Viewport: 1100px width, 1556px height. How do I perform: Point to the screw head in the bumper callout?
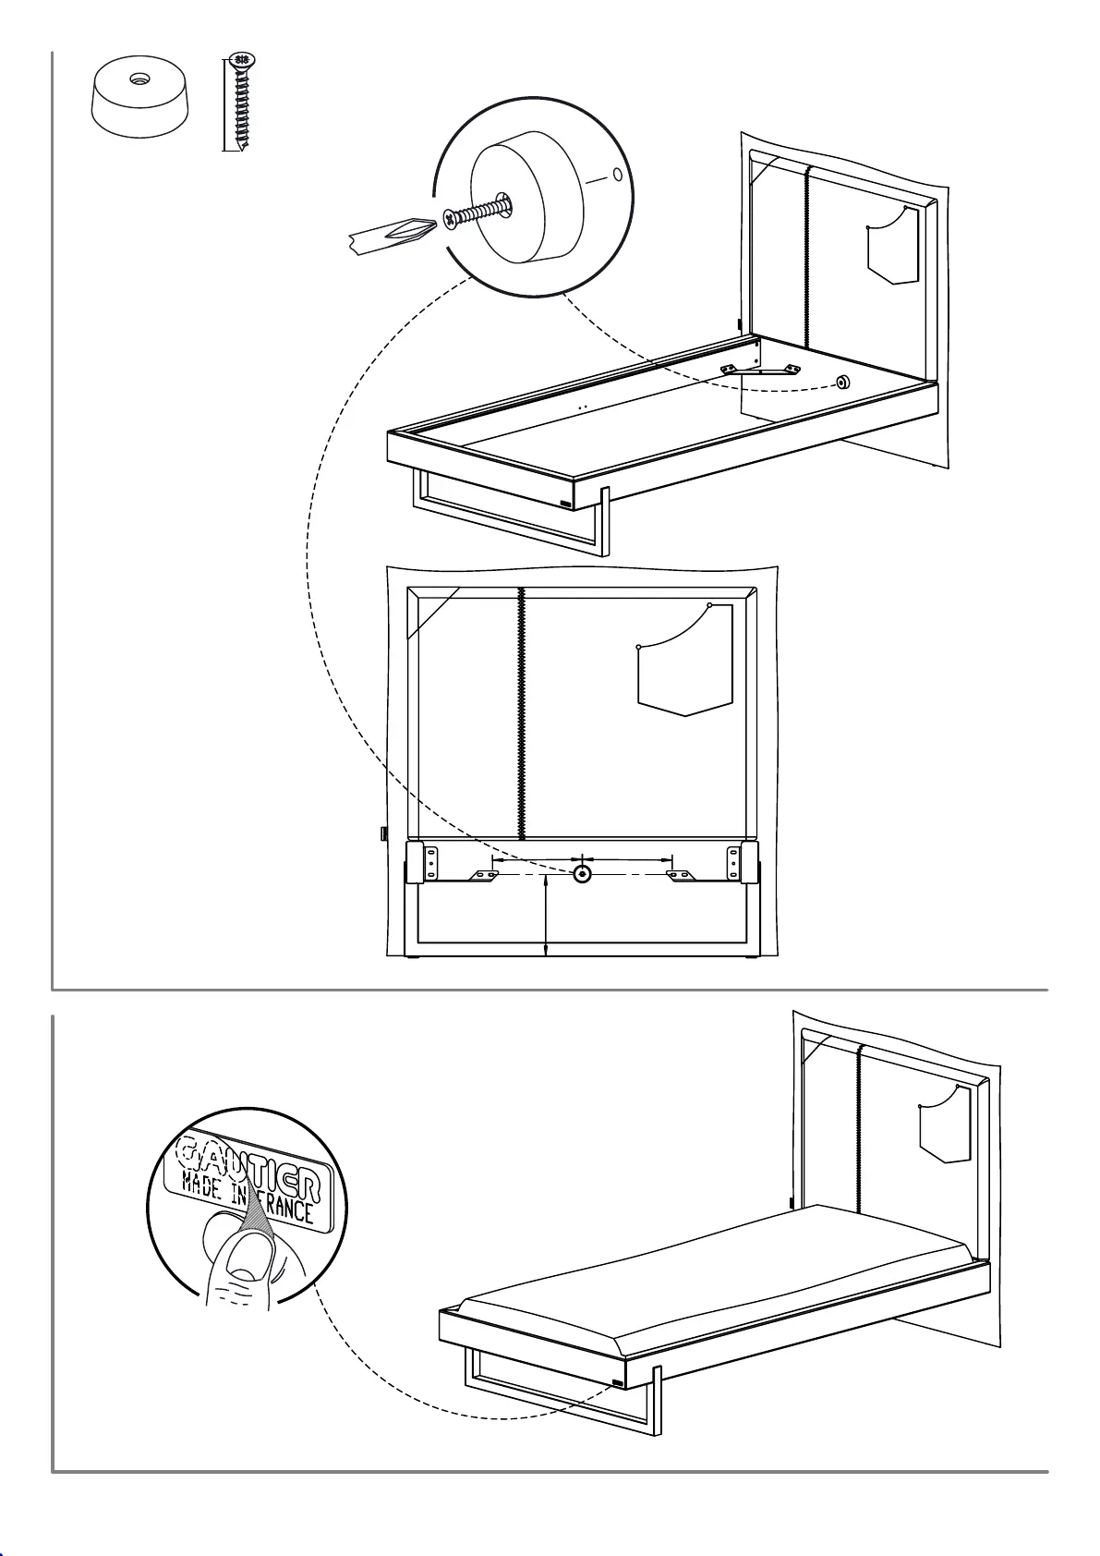[451, 218]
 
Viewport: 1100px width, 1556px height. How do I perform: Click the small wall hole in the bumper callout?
[618, 175]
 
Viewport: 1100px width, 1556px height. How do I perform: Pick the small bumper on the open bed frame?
[842, 382]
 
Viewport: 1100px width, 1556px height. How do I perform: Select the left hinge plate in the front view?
[429, 860]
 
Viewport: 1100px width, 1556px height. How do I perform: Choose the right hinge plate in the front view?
[735, 860]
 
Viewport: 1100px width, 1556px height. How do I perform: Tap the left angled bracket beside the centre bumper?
[483, 875]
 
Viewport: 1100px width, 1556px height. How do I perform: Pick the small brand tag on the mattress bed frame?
[618, 1384]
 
